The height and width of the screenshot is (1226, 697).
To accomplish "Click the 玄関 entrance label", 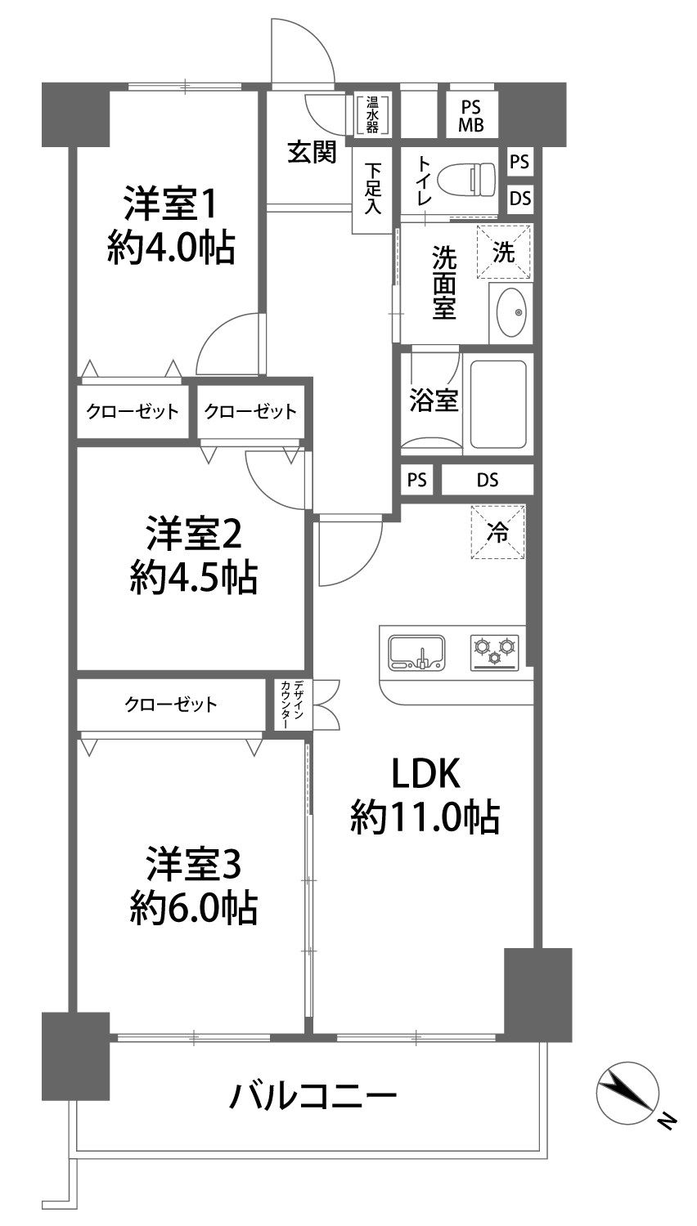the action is (313, 151).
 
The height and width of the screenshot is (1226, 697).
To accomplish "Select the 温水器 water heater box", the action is (372, 115).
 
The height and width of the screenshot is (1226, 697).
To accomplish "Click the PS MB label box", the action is (471, 116).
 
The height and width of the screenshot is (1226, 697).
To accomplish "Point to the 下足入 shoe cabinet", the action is (372, 190).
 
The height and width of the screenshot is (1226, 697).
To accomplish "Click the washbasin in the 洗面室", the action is (511, 313).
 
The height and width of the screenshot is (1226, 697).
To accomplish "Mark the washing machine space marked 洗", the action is (504, 252).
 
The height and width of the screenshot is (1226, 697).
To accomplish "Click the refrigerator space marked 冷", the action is (497, 532).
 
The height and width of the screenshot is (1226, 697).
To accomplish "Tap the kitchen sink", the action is (417, 652).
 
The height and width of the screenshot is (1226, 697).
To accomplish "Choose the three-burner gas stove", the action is (495, 652).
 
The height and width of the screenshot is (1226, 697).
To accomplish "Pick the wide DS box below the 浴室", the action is (487, 480).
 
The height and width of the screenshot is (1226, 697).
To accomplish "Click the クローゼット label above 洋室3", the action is (171, 704).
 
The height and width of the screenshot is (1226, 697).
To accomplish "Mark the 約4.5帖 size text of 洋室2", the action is (193, 578).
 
